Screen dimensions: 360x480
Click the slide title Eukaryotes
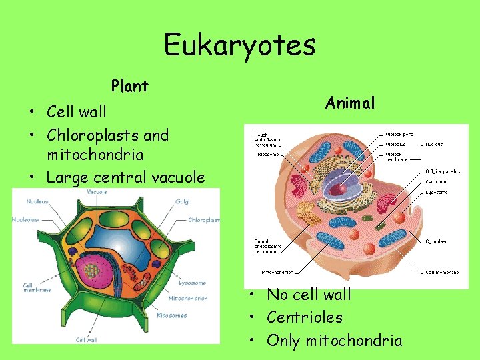[240, 45]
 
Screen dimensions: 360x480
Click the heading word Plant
[130, 86]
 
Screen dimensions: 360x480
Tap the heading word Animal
[350, 103]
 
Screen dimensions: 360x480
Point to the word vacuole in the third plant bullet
[177, 177]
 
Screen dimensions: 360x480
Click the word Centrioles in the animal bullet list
[304, 317]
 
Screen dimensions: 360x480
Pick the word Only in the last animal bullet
[284, 341]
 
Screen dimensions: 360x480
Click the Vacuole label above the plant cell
[97, 192]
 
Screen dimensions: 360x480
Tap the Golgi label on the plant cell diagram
[183, 201]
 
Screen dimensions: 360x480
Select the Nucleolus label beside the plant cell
[25, 219]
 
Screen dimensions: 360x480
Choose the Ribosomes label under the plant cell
[171, 315]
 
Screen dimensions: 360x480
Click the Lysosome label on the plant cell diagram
[193, 283]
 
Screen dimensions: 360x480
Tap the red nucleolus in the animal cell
[339, 189]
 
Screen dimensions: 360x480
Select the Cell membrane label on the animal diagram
[442, 272]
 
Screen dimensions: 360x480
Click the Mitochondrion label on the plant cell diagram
[187, 299]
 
